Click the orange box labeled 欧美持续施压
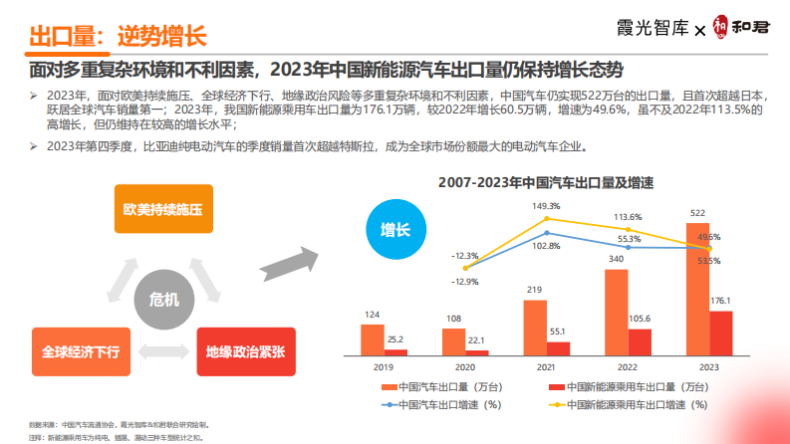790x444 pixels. pos(163,209)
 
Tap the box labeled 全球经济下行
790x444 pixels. pos(81,351)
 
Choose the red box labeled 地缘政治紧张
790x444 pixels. pos(245,351)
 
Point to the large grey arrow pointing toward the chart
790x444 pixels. pos(286,264)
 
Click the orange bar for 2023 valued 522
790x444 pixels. pos(698,289)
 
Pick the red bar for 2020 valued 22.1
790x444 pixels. pos(477,352)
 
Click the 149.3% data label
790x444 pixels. pos(546,206)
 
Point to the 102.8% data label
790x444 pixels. pos(546,245)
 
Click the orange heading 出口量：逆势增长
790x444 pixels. pos(117,38)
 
